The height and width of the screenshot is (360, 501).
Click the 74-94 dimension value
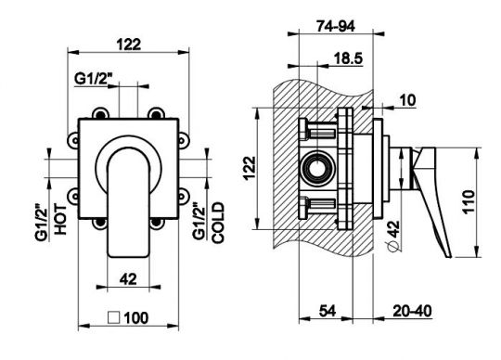336,26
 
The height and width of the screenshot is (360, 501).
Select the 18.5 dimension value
348,58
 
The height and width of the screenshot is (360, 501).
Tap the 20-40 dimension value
412,311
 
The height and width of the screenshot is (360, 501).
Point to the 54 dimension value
328,311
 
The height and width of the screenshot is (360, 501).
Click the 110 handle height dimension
469,202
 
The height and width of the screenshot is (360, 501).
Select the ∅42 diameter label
393,236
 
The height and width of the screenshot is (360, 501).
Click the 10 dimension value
407,100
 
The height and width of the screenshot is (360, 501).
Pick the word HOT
60,220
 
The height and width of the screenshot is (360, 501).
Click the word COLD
219,223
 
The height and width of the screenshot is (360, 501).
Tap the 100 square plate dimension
136,318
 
